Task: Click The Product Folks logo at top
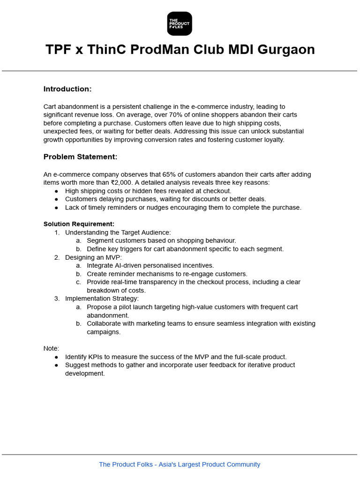click(180, 23)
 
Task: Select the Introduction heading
click(67, 89)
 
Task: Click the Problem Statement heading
click(80, 157)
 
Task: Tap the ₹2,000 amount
click(122, 183)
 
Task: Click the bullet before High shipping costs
click(57, 191)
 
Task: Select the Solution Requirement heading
click(79, 224)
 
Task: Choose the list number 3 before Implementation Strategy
click(56, 299)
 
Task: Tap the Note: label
click(51, 348)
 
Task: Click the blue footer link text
click(180, 465)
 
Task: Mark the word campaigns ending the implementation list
click(103, 332)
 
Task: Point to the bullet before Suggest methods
click(57, 365)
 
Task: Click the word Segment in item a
click(99, 241)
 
